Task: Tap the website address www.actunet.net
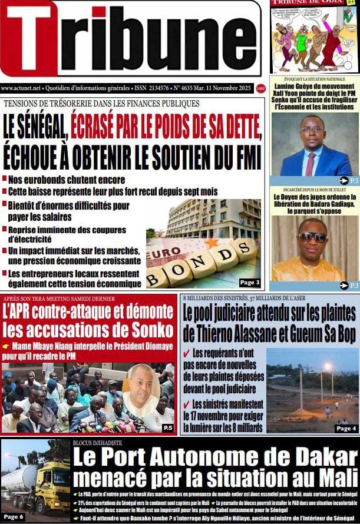click(x=21, y=88)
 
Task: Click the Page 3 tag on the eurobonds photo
click(x=249, y=282)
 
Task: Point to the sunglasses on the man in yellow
click(x=312, y=237)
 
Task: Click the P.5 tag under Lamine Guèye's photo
click(x=349, y=181)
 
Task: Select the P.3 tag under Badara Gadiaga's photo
click(x=349, y=286)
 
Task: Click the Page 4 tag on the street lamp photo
click(x=346, y=428)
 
